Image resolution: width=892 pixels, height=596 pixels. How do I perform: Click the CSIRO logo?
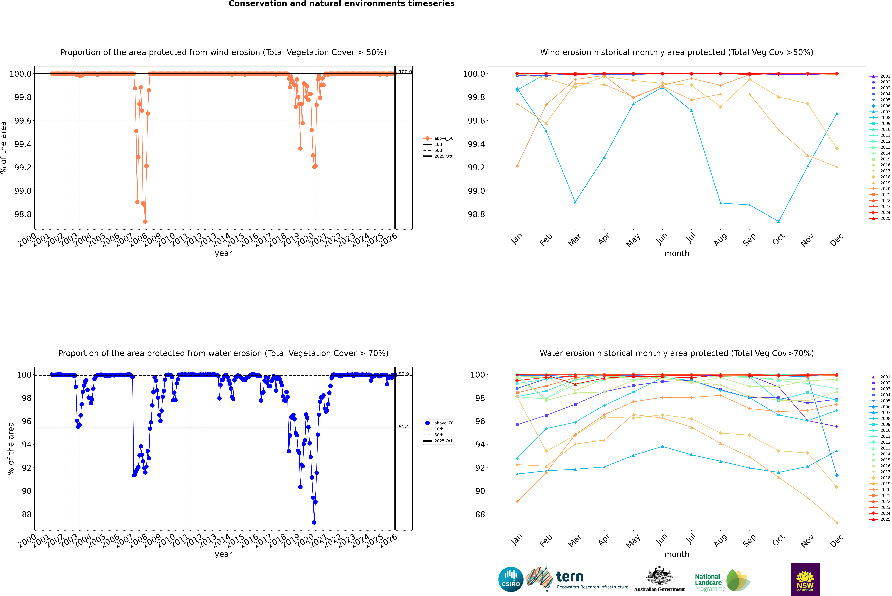coord(511,579)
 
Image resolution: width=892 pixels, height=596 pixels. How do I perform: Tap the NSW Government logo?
coord(805,579)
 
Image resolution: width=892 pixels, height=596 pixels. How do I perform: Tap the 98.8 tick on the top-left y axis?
coord(23,214)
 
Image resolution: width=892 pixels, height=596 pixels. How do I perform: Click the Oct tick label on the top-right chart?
coord(778,239)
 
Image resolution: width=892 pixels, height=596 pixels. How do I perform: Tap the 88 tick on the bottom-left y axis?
coord(27,514)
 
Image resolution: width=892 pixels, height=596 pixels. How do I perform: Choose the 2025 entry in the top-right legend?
coord(885,219)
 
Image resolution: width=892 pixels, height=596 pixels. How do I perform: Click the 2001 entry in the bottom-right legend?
coord(885,377)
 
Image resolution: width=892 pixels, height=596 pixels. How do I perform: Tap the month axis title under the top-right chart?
coord(676,254)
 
